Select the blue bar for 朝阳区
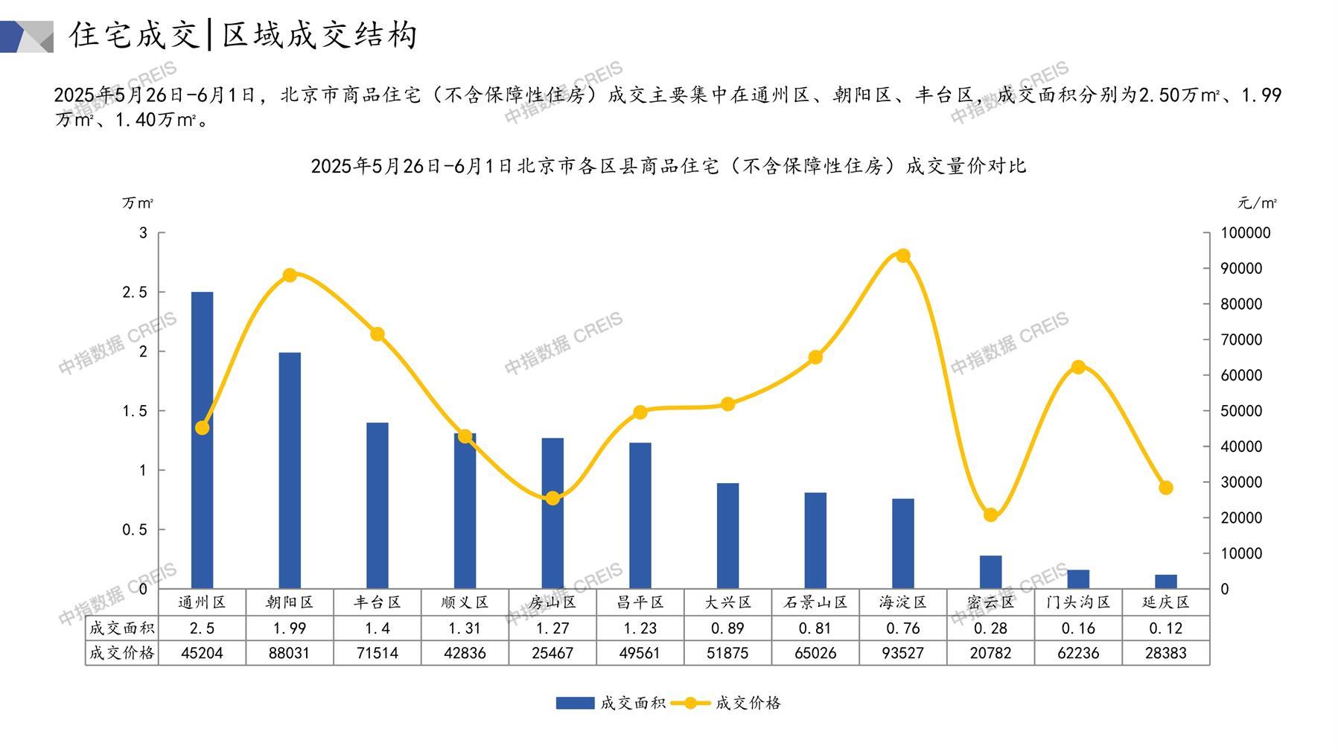[290, 470]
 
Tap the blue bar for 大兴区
[727, 535]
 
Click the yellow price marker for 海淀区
[903, 256]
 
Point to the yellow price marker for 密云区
[990, 515]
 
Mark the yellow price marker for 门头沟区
[1078, 367]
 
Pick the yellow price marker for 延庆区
[1166, 488]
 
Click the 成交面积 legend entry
[611, 703]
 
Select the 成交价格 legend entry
[726, 703]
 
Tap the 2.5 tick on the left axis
[135, 293]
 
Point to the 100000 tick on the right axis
[1246, 233]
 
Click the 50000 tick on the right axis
[1241, 411]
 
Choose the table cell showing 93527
[903, 653]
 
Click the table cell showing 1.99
[290, 628]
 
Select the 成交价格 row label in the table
[121, 653]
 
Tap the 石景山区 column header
[815, 602]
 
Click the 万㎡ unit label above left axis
[138, 203]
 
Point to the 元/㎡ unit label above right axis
[1258, 203]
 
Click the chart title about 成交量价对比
[668, 165]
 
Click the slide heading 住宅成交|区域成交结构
[243, 35]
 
